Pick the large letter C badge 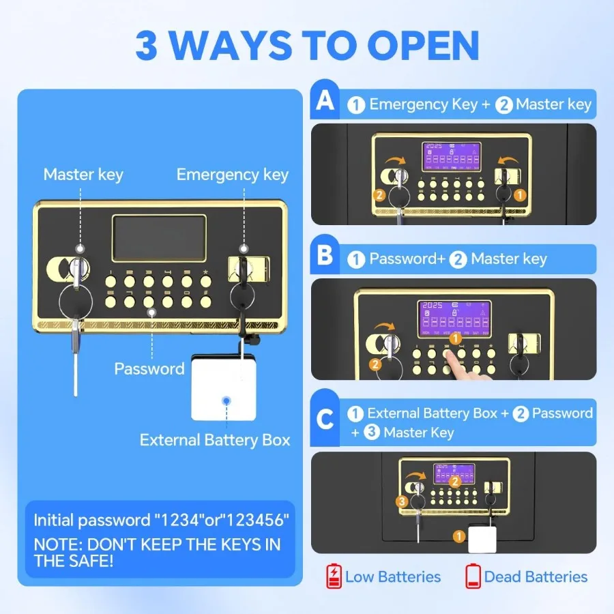[325, 419]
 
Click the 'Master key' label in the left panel [83, 175]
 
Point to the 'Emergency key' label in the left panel [232, 175]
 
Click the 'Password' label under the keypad [149, 369]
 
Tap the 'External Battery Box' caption [215, 440]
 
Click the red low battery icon [334, 576]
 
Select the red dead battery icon [473, 576]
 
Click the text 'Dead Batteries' [536, 576]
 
